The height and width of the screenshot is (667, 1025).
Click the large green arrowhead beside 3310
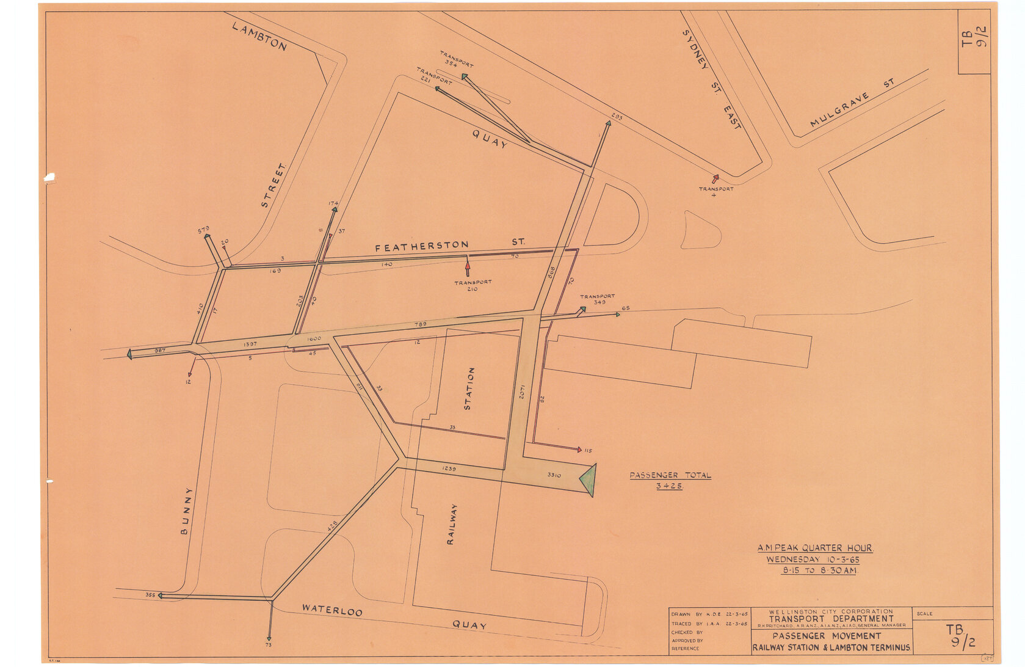[x=588, y=480]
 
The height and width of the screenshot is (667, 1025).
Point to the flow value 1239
[x=449, y=468]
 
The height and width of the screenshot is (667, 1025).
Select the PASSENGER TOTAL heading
[x=670, y=475]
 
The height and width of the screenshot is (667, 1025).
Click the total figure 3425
[x=670, y=486]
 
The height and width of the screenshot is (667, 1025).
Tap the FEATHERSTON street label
[x=421, y=246]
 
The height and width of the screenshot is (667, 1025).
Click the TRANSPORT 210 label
[x=473, y=285]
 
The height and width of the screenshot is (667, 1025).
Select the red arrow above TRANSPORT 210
[x=468, y=268]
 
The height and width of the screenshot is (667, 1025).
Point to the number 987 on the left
[x=160, y=350]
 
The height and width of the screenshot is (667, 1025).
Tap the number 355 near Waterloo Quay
[x=150, y=594]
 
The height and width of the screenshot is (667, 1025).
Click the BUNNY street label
[x=186, y=511]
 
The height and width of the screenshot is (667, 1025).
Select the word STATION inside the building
[x=469, y=388]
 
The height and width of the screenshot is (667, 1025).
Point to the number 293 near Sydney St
[x=617, y=116]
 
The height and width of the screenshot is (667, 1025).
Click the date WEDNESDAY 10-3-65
[x=813, y=559]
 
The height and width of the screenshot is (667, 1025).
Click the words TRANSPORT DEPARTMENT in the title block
[x=831, y=618]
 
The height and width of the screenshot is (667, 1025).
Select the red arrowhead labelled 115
[x=579, y=450]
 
